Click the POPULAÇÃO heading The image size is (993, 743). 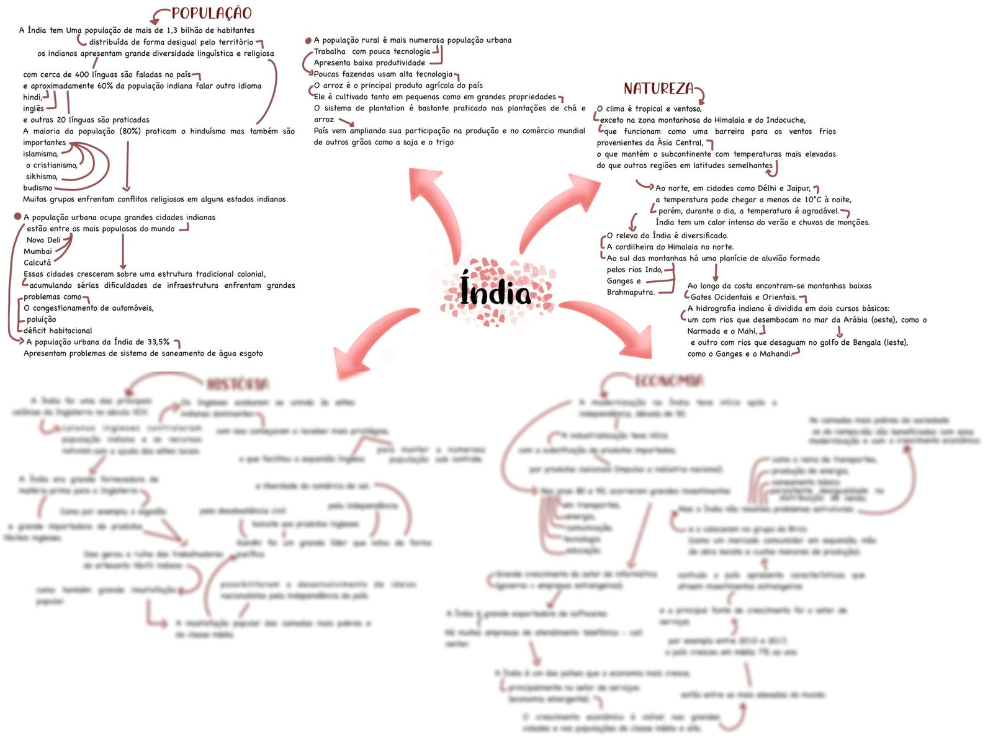click(x=212, y=13)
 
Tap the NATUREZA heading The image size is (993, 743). click(x=658, y=89)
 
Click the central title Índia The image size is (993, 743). click(x=495, y=291)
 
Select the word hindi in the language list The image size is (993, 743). click(x=32, y=97)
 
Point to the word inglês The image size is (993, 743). click(x=34, y=109)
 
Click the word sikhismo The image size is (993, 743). click(x=42, y=177)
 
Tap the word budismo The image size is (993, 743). click(x=38, y=188)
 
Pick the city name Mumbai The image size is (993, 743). click(x=38, y=251)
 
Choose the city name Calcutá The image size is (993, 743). click(x=37, y=262)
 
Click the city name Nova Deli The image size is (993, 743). click(x=43, y=240)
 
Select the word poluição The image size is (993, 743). click(x=41, y=319)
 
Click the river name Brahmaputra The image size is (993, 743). click(x=630, y=292)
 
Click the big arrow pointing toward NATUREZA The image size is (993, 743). click(x=559, y=208)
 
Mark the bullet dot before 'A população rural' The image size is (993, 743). click(x=308, y=41)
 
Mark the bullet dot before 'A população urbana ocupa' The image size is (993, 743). click(x=17, y=217)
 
